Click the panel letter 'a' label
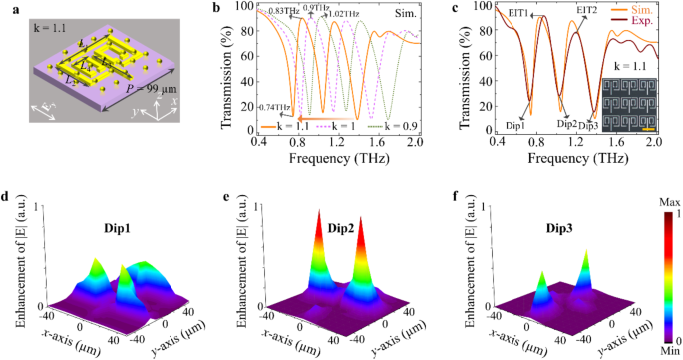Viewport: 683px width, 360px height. click(7, 8)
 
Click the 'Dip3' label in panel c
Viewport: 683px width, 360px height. click(589, 126)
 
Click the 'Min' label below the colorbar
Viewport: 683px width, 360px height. click(659, 348)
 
